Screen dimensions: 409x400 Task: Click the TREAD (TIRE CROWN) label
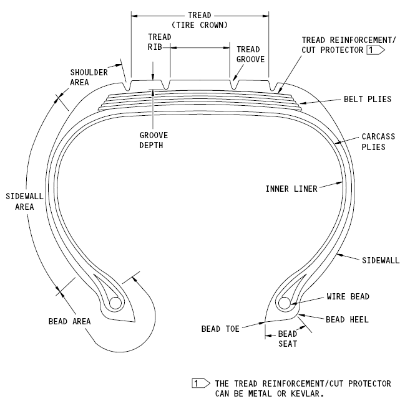200,19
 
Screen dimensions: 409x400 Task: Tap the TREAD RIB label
159,42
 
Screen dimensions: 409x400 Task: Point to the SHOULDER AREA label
88,77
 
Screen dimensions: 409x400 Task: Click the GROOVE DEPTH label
154,140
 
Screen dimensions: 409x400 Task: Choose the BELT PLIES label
367,99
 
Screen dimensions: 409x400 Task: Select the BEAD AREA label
69,321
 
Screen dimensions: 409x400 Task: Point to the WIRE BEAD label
348,296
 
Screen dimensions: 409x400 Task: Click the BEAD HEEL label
347,319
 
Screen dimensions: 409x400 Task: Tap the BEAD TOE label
220,328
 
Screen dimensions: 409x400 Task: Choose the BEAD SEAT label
288,339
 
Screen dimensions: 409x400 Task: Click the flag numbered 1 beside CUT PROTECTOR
374,49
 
